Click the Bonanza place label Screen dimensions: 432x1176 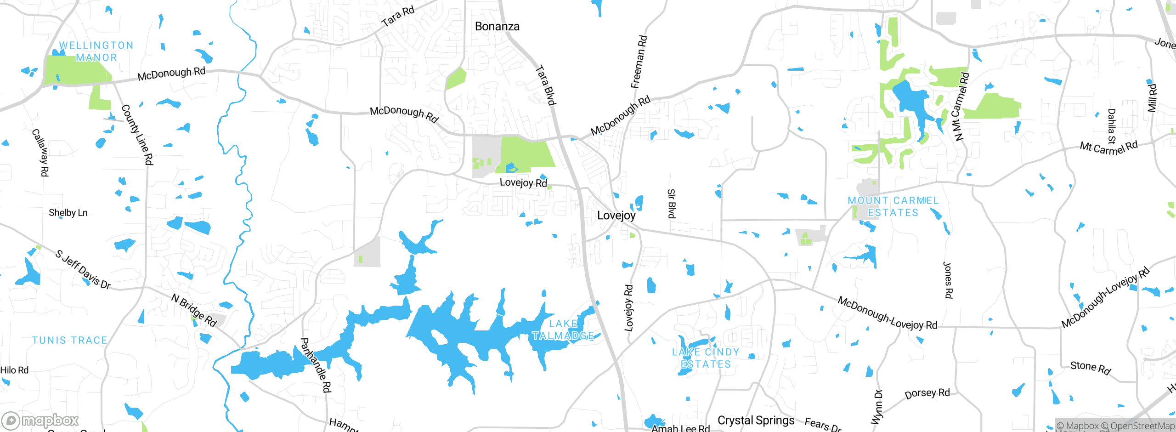point(497,27)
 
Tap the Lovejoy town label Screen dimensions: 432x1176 point(616,216)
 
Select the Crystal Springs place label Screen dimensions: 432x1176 point(756,421)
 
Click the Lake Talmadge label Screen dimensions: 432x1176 point(563,330)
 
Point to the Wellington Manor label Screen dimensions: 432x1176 point(96,51)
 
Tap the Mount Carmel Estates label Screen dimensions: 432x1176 point(893,207)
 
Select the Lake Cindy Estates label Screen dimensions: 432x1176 point(706,358)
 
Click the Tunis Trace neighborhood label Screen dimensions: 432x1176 point(70,341)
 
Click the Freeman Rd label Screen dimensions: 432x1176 point(639,62)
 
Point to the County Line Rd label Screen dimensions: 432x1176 point(137,135)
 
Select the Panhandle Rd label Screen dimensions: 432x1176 point(316,365)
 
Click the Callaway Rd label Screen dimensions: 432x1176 point(40,153)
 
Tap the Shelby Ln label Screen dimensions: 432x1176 point(68,213)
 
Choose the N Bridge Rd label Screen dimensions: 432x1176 point(194,310)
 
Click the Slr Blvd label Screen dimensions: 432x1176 point(671,204)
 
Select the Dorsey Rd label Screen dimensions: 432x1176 point(927,394)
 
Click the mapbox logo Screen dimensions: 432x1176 point(40,421)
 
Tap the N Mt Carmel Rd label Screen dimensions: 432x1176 point(960,107)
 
